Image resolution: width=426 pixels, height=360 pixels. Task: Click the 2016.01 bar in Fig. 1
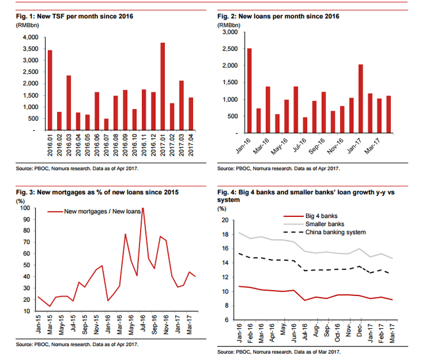pyautogui.click(x=50, y=90)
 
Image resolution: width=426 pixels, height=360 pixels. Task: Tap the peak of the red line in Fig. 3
pyautogui.click(x=142, y=208)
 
